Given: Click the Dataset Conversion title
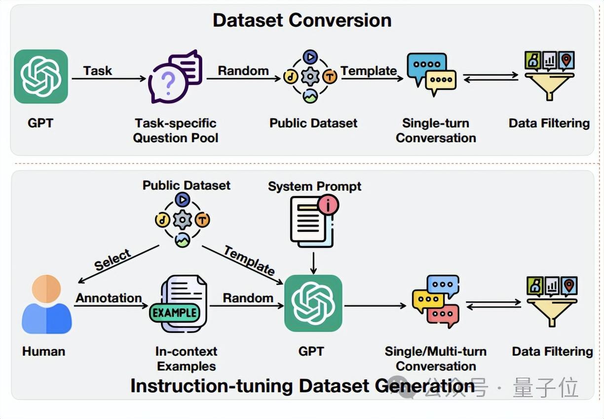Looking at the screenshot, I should pos(302,20).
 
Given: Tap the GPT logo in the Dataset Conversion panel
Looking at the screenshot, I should pos(41,77).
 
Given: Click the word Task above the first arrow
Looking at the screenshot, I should pos(98,71).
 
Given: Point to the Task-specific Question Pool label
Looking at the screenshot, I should pos(176,130).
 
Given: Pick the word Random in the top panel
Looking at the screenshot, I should pos(243,71).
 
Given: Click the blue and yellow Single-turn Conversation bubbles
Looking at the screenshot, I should pos(431,75).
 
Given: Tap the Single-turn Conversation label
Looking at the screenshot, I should pos(436,130).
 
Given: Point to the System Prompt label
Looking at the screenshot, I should pos(314,186).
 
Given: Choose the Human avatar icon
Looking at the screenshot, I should pos(47,304).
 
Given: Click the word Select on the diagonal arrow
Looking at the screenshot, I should pos(113,260).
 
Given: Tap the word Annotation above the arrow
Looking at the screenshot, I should pos(109,298).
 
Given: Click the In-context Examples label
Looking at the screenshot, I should pos(186,359).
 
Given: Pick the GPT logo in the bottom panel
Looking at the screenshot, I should pos(313,303).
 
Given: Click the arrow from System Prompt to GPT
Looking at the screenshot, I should pos(313,262).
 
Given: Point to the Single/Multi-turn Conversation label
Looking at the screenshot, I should pos(436,359).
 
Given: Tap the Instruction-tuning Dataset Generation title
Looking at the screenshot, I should pos(302,386).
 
